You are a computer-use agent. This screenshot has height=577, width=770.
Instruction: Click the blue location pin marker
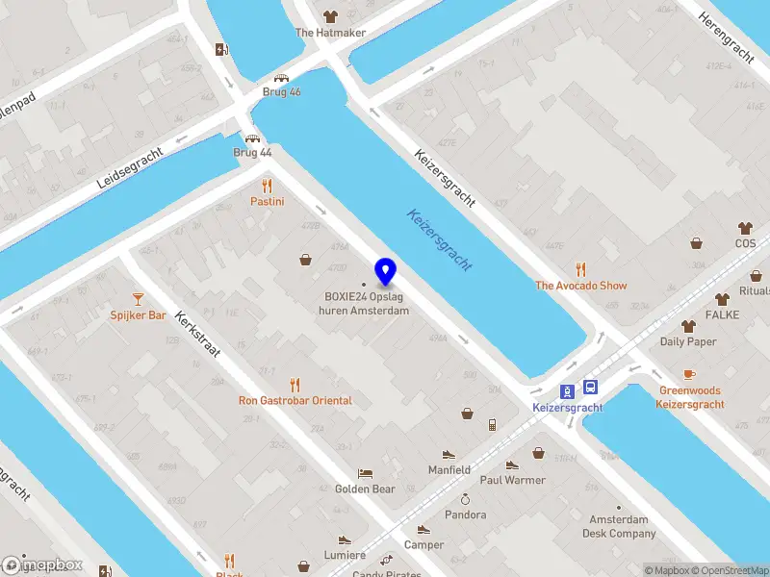pyautogui.click(x=386, y=271)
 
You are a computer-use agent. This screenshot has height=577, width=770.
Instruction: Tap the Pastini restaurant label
pyautogui.click(x=267, y=201)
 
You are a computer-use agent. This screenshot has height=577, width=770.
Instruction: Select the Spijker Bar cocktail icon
pyautogui.click(x=138, y=299)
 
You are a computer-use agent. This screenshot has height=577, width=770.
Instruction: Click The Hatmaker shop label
pyautogui.click(x=331, y=32)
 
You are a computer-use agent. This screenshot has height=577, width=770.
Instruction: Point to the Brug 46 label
pyautogui.click(x=282, y=92)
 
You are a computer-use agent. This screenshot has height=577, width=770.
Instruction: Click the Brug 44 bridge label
pyautogui.click(x=252, y=152)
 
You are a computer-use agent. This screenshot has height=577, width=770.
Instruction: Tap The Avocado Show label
pyautogui.click(x=580, y=286)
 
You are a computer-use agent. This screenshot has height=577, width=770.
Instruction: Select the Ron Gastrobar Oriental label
pyautogui.click(x=295, y=400)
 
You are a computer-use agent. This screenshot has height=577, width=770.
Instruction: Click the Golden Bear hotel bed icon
pyautogui.click(x=365, y=473)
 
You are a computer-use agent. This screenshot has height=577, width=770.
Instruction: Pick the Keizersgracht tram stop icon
pyautogui.click(x=569, y=389)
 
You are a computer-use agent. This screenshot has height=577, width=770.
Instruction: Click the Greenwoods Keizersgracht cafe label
pyautogui.click(x=689, y=398)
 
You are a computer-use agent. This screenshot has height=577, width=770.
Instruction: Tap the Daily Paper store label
pyautogui.click(x=687, y=341)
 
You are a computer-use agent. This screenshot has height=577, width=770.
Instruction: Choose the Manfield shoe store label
pyautogui.click(x=449, y=470)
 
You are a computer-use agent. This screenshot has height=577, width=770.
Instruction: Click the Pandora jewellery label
pyautogui.click(x=465, y=514)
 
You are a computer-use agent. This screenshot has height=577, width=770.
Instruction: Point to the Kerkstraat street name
pyautogui.click(x=193, y=334)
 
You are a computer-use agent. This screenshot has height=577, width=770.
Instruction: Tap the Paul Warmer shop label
pyautogui.click(x=512, y=480)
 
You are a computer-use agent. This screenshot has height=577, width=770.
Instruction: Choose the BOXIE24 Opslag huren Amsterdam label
pyautogui.click(x=366, y=303)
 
